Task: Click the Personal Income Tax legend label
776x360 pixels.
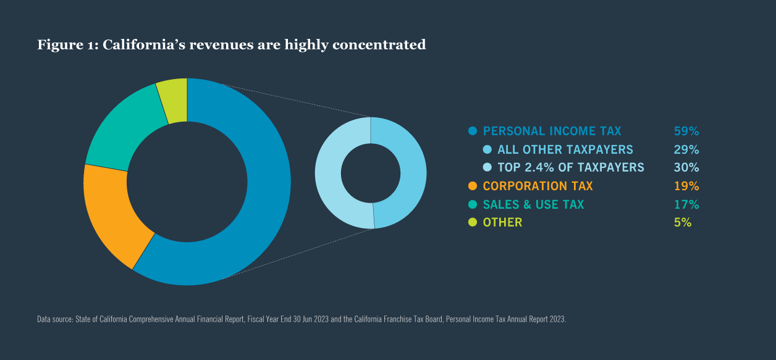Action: coord(552,131)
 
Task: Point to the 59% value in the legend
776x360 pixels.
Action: coord(686,131)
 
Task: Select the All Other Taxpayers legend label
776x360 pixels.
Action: coord(565,149)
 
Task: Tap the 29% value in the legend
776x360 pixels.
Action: coord(686,149)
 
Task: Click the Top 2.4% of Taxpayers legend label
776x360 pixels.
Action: coord(570,167)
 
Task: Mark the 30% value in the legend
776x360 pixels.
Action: coord(686,167)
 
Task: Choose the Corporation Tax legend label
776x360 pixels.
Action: coord(538,186)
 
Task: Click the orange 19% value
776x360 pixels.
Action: coord(686,186)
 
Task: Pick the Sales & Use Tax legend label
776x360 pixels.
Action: coord(533,204)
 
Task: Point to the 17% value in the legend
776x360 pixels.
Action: coord(686,204)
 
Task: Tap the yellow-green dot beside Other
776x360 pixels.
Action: coord(473,222)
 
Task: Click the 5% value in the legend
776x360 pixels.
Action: coord(682,222)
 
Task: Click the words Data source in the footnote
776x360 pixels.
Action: coord(54,319)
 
